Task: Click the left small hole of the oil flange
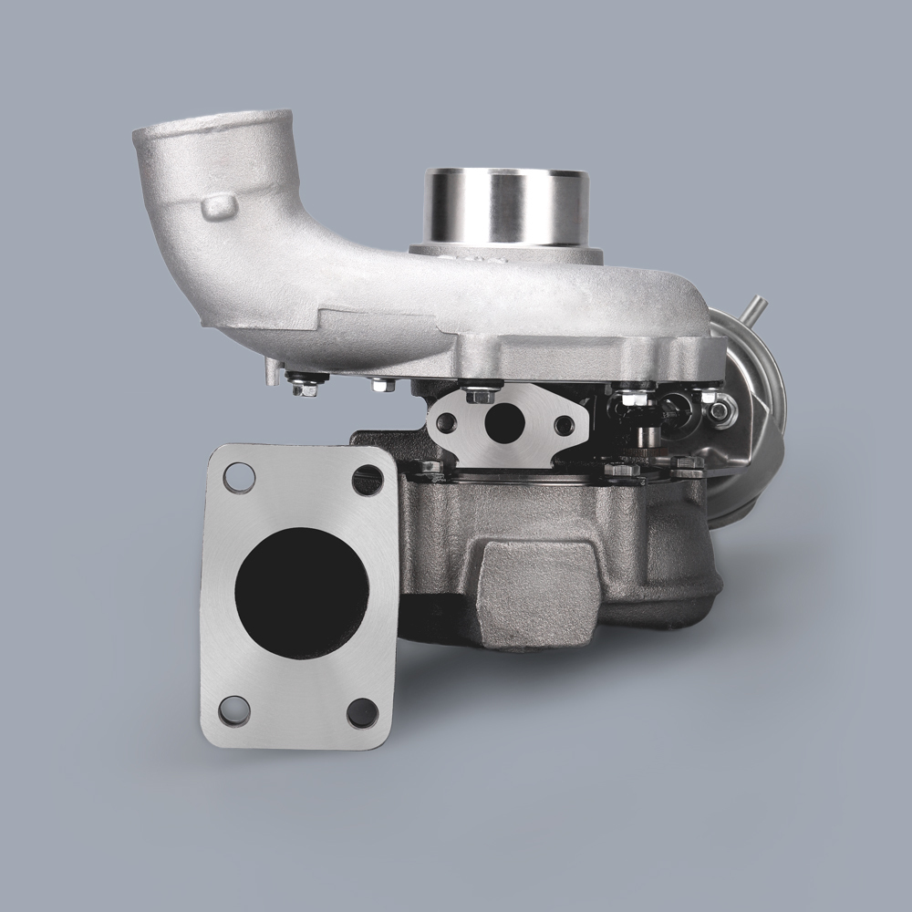[448, 422]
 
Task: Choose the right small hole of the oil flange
[565, 424]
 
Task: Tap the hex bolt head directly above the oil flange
[478, 395]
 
